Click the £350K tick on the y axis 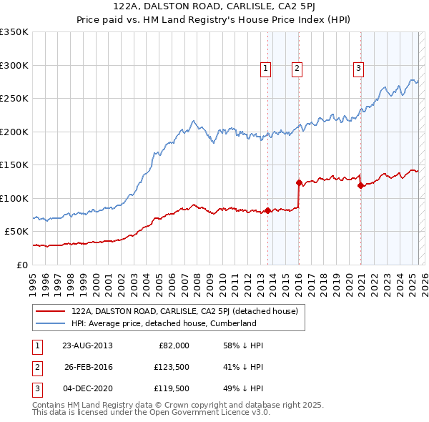[x=14, y=32]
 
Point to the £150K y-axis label [x=14, y=165]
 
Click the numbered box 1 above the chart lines [x=265, y=69]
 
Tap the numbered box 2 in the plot [x=296, y=69]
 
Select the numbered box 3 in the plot [x=357, y=69]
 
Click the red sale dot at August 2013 [x=267, y=210]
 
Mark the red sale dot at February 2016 [x=299, y=182]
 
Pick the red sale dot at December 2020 [x=360, y=185]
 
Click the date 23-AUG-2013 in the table [x=87, y=345]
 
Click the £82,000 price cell [x=172, y=345]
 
